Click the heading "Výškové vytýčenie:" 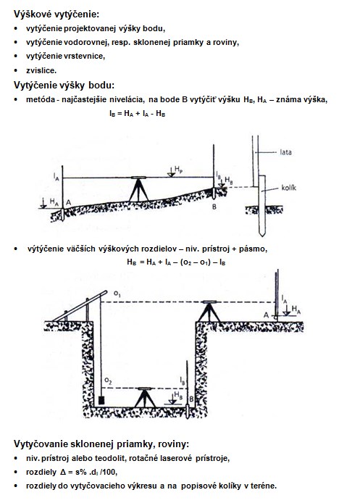coord(56,14)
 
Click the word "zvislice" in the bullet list coord(41,70)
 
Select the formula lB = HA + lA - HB coord(137,113)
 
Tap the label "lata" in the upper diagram coord(285,152)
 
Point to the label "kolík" coord(288,188)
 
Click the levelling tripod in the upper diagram coord(138,189)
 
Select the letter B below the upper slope coord(214,207)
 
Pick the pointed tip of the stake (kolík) coord(262,236)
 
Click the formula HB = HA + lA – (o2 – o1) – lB coord(176,262)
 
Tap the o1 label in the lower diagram coord(117,294)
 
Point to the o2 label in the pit coord(108,381)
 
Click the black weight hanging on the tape coord(101,400)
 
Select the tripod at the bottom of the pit coord(145,397)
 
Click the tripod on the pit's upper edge coord(209,311)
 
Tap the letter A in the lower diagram coord(266,315)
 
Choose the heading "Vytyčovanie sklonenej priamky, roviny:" coord(101,444)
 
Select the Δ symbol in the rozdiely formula coord(63,472)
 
